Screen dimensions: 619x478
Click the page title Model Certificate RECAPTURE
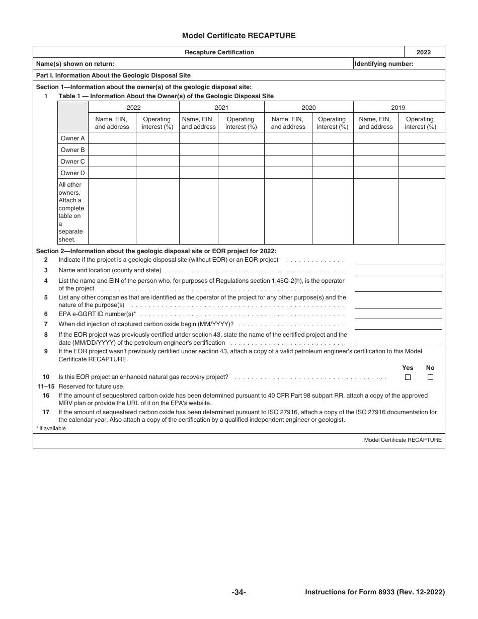click(x=238, y=36)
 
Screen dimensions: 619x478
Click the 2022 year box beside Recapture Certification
click(x=424, y=52)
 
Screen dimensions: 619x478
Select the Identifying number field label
click(x=384, y=64)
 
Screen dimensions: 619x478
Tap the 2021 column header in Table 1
click(x=221, y=107)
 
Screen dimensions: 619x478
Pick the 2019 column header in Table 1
click(x=399, y=107)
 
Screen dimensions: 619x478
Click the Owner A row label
click(x=72, y=138)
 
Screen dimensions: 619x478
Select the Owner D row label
click(x=72, y=173)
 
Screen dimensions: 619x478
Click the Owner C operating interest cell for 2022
click(x=157, y=162)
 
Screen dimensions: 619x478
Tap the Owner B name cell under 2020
click(x=288, y=150)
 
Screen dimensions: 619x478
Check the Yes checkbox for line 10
click(x=408, y=377)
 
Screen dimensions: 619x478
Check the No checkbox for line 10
click(x=430, y=377)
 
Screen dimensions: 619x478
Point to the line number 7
click(x=46, y=324)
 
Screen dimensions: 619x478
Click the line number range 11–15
click(x=46, y=386)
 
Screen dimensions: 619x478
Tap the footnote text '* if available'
click(x=51, y=428)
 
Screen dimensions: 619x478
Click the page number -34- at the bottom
click(x=238, y=592)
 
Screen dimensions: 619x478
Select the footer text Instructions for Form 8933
click(x=375, y=592)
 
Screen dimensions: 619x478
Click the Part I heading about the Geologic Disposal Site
click(x=113, y=75)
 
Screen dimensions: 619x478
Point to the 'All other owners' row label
click(x=71, y=212)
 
